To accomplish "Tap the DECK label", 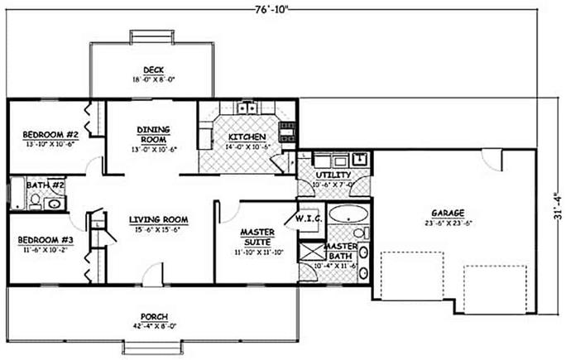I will point(153,70).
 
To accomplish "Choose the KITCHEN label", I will point(247,136).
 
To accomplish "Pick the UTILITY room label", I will point(333,175).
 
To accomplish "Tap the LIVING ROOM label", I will point(159,219).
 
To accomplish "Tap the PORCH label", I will point(155,317).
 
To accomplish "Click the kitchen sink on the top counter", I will point(247,107).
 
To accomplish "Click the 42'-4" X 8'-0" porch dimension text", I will point(155,326).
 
